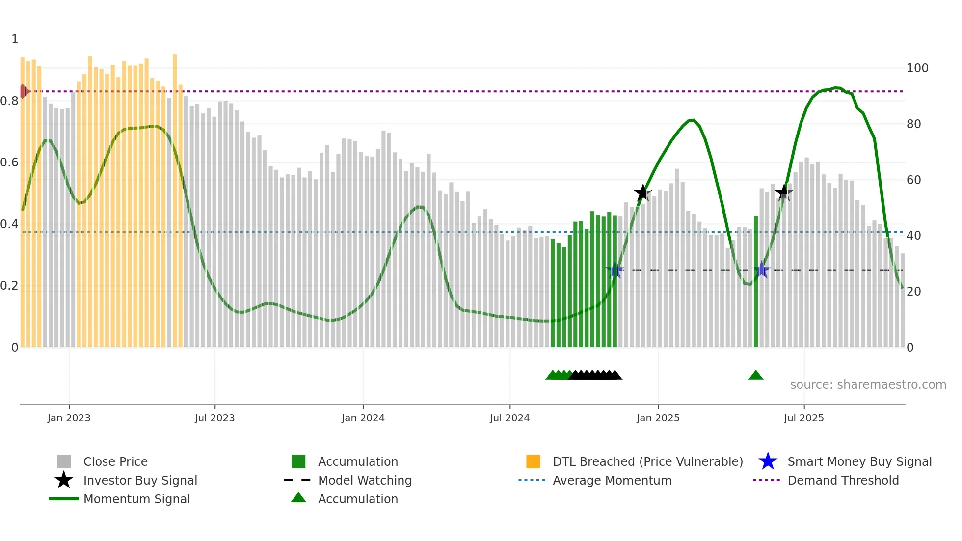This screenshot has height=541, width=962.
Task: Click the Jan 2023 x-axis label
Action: [69, 418]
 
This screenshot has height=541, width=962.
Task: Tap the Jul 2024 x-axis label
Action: [509, 418]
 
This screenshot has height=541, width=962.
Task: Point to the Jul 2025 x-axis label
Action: [803, 418]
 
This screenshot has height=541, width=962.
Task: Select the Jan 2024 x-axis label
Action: [363, 418]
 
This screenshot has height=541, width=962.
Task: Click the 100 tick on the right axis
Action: [917, 68]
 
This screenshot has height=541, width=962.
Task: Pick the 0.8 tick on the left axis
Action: [9, 101]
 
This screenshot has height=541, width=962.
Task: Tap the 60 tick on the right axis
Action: [913, 180]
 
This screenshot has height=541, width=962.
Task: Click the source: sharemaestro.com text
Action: [868, 385]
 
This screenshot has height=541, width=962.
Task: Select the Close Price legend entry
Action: [115, 461]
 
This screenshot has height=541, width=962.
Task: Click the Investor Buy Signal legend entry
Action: [140, 480]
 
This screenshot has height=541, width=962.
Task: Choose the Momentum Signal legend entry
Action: [136, 499]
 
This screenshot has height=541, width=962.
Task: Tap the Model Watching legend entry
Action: [364, 480]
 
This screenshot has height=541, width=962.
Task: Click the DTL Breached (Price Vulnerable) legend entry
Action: [647, 461]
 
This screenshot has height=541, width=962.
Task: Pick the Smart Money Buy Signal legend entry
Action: [859, 461]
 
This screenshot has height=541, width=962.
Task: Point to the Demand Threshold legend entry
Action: [843, 480]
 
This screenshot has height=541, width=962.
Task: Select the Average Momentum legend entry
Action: [612, 480]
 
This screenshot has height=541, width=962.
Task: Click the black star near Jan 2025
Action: [642, 193]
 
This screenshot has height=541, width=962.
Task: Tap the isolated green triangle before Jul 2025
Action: [755, 376]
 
